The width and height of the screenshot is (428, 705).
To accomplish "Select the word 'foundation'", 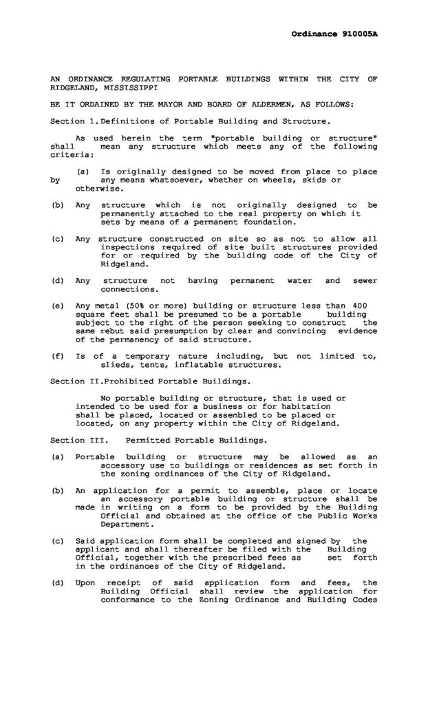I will (271, 222).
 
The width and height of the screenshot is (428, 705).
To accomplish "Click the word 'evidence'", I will (358, 330).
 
